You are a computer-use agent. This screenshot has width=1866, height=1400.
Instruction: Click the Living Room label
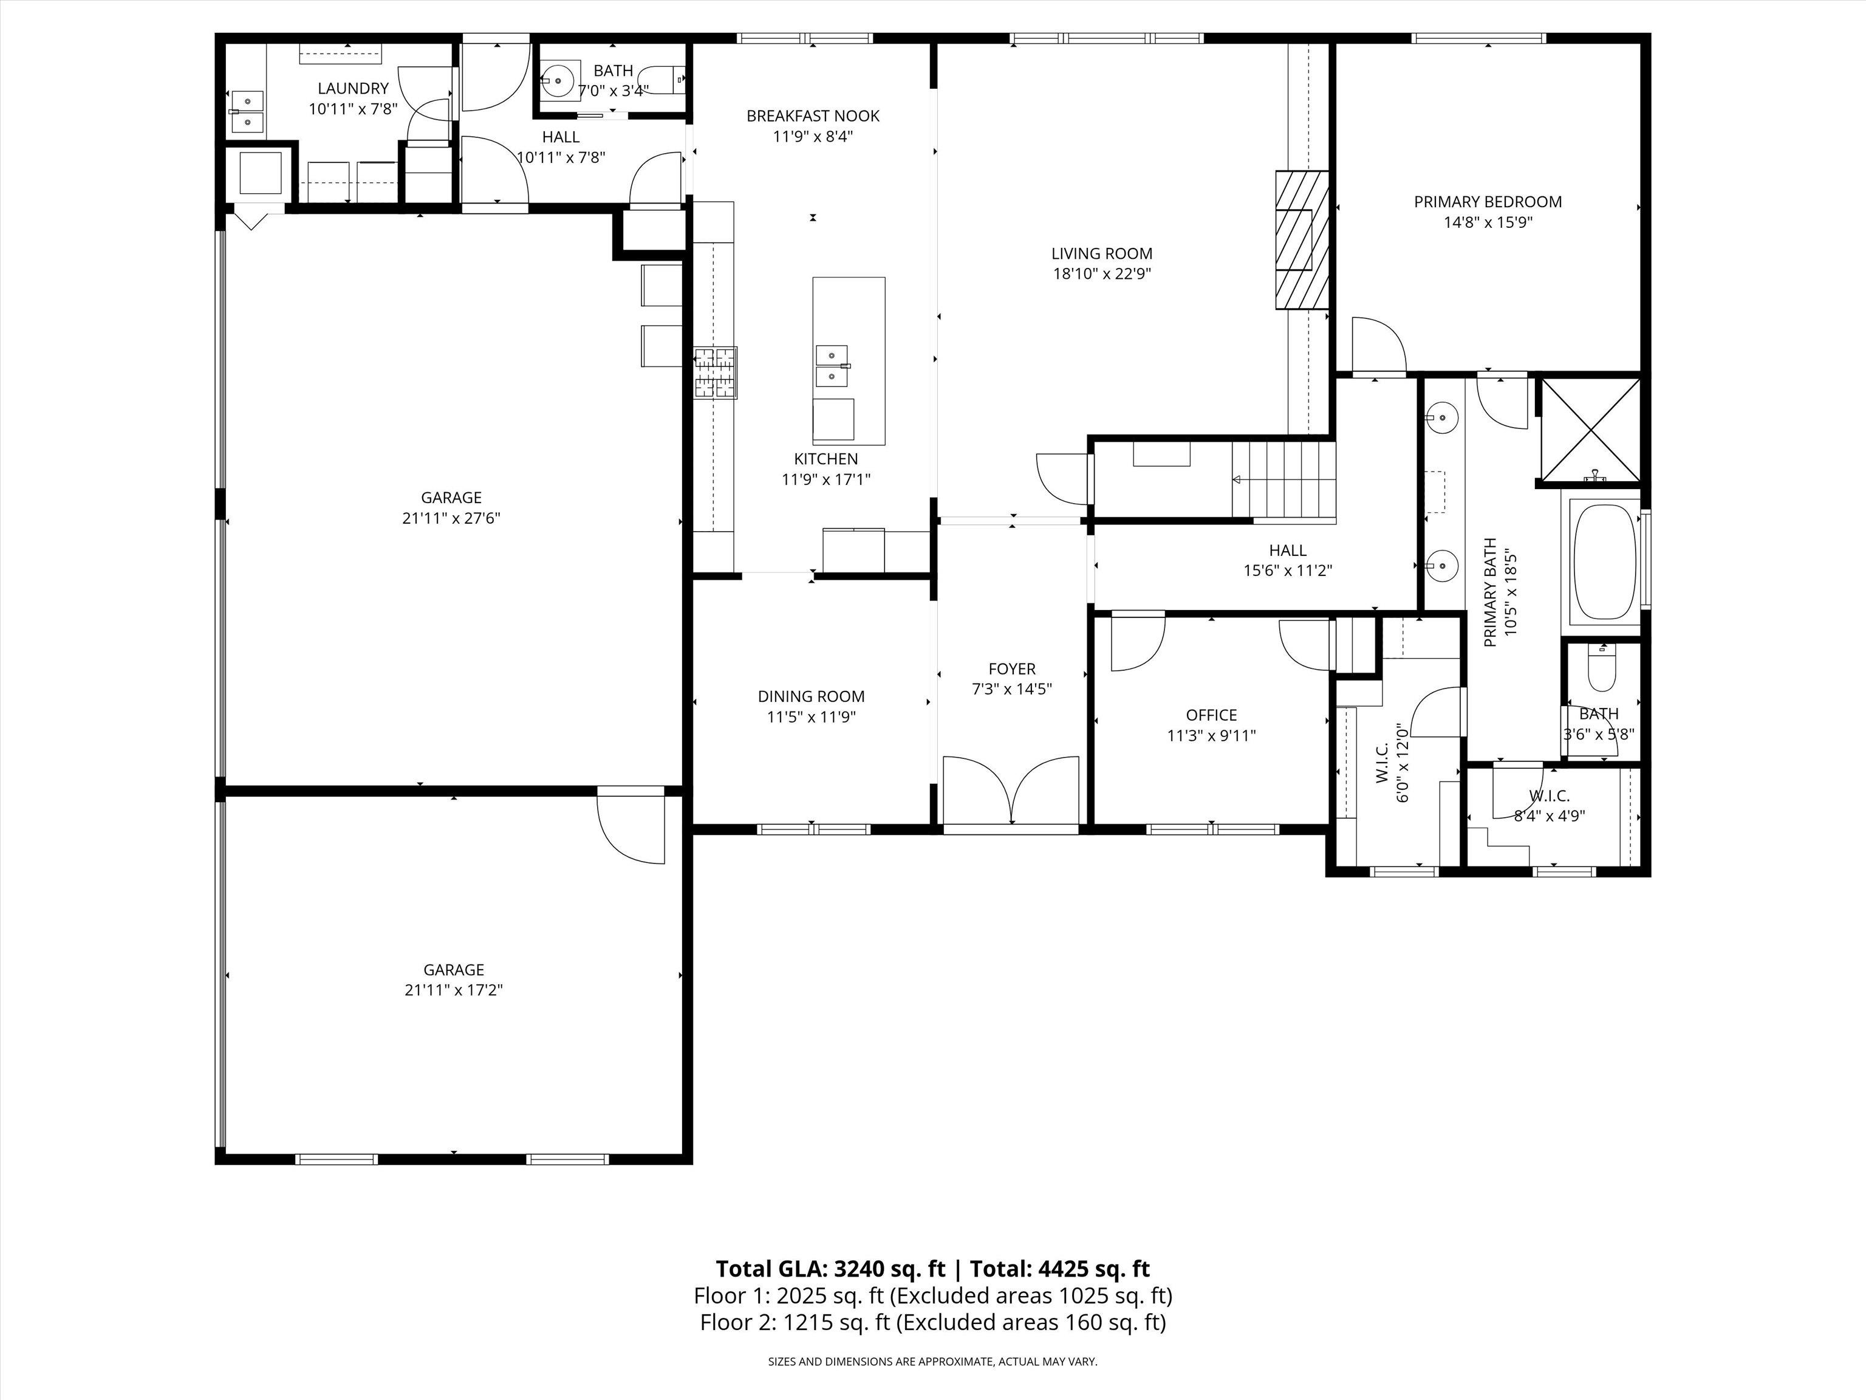[x=1102, y=253]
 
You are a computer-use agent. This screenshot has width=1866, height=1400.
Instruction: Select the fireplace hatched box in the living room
[x=1302, y=241]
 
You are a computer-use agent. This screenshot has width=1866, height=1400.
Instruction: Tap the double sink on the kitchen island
[x=832, y=365]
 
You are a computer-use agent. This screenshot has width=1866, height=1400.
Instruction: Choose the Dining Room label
[x=811, y=696]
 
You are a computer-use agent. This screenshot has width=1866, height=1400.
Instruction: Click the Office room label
[x=1211, y=715]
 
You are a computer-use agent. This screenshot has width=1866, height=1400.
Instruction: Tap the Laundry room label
[x=353, y=87]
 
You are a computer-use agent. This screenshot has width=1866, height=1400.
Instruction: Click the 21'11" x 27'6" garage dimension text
[x=451, y=518]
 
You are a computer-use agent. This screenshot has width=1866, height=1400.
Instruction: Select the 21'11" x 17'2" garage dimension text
[x=454, y=990]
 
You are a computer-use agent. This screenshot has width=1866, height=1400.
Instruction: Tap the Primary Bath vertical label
[x=1491, y=592]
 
